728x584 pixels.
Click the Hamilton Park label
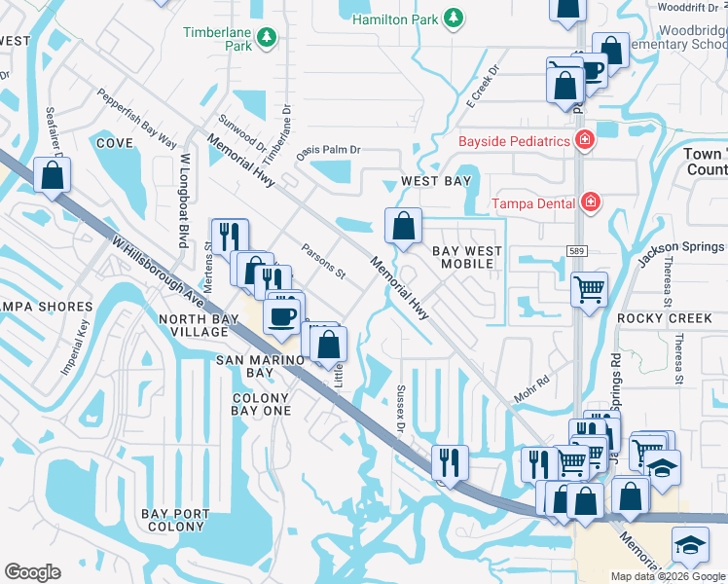(x=395, y=18)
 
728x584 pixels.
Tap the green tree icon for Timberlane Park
(x=266, y=38)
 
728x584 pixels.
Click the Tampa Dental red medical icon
(x=589, y=202)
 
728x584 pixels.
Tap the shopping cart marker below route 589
(x=589, y=288)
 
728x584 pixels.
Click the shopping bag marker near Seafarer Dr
(x=53, y=175)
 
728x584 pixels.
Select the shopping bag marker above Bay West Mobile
(x=403, y=226)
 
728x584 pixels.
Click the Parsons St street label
(x=324, y=261)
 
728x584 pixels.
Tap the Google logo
(x=32, y=572)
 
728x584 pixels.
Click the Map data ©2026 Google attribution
(x=667, y=576)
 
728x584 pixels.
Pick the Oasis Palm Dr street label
(x=329, y=150)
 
